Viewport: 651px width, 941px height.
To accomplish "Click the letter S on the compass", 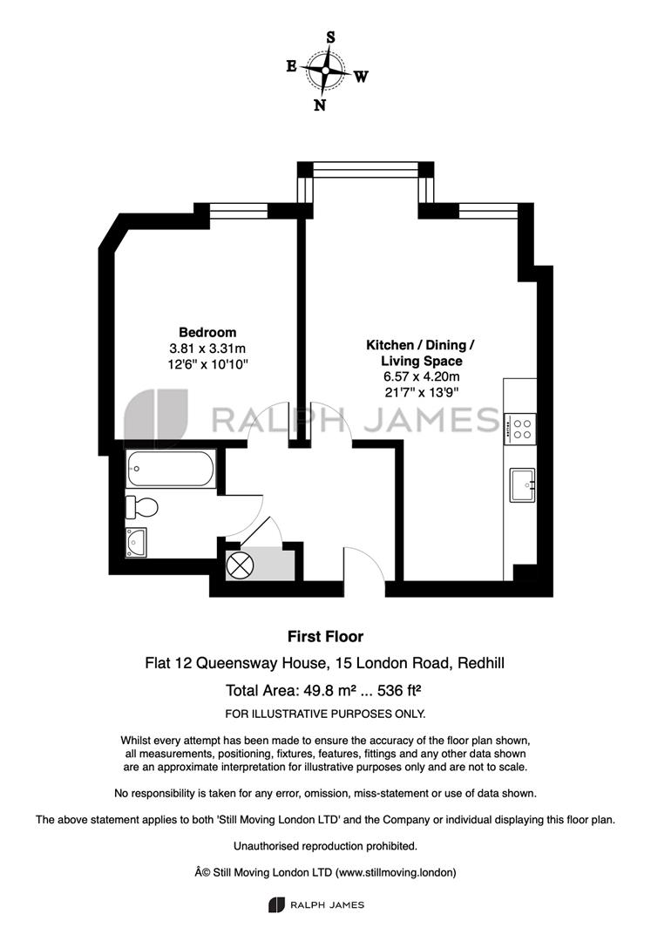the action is click(x=330, y=37).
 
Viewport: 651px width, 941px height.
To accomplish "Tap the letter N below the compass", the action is click(x=321, y=105).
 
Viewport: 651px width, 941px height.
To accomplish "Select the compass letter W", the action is click(x=361, y=77).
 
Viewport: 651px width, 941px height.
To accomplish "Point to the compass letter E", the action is click(x=292, y=66).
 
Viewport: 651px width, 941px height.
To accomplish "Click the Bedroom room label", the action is click(x=207, y=332).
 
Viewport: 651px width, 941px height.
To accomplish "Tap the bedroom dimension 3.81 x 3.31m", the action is click(x=207, y=348).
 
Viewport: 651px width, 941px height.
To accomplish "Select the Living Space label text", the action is click(x=422, y=361).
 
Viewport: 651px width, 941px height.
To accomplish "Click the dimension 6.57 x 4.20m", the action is click(x=422, y=376).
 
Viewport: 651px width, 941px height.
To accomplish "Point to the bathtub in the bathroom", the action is click(x=171, y=469).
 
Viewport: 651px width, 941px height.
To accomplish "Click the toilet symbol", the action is click(x=141, y=507).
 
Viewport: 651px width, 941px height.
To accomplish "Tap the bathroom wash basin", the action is click(x=136, y=542).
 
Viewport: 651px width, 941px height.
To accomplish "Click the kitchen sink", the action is click(x=523, y=485).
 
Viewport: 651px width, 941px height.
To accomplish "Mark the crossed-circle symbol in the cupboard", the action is click(x=240, y=565).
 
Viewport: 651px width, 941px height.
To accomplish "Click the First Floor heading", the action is click(x=326, y=636).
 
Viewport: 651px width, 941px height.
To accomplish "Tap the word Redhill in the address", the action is click(x=480, y=663).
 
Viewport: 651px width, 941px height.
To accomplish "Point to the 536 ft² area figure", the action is click(x=399, y=690).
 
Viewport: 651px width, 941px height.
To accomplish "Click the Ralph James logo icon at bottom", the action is click(x=276, y=905).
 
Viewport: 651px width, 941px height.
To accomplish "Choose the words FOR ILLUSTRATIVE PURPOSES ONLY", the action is click(x=325, y=714).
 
